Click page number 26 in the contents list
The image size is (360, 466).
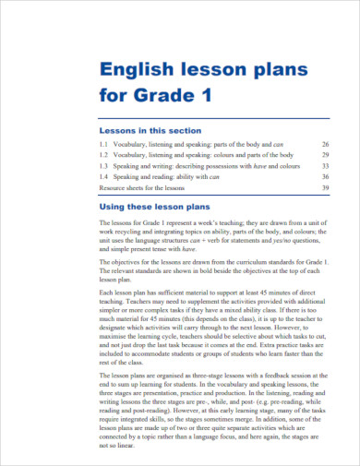coord(325,145)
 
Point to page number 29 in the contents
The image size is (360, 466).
coord(325,156)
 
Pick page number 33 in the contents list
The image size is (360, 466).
coord(325,166)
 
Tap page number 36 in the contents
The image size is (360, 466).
coord(325,177)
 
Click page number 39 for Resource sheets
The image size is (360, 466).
coord(325,187)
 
